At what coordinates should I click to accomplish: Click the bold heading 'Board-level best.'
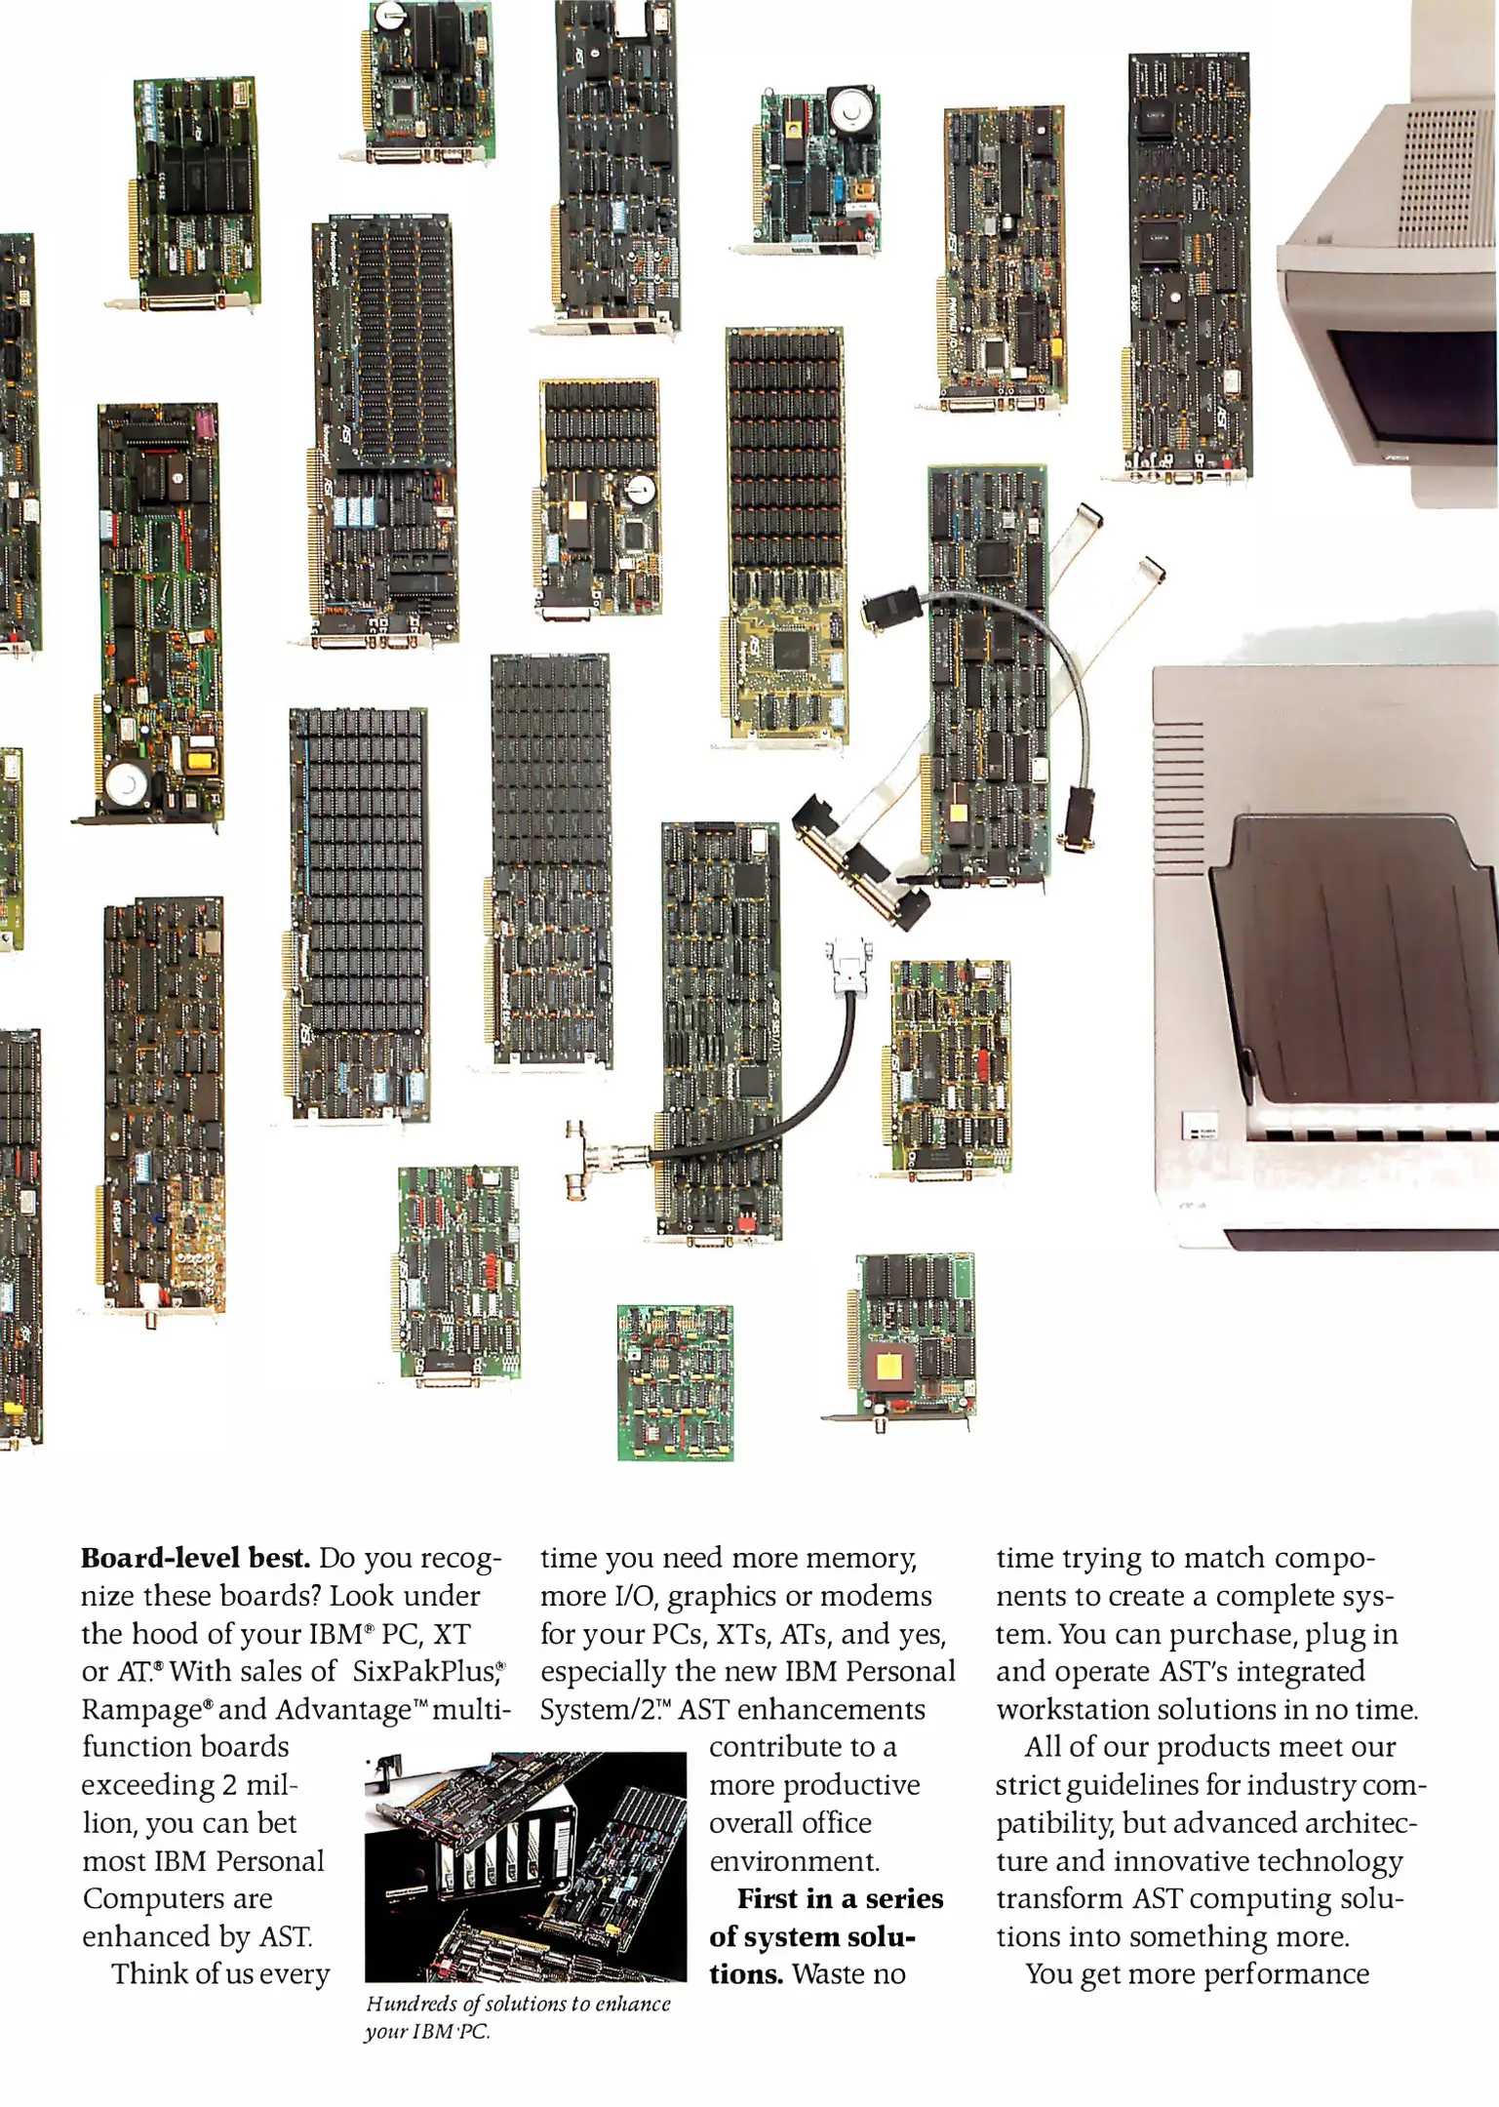[195, 1558]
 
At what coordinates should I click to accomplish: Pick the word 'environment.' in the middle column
[794, 1861]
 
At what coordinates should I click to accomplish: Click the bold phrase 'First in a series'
[840, 1899]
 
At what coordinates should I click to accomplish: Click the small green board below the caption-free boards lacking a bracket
[675, 1382]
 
